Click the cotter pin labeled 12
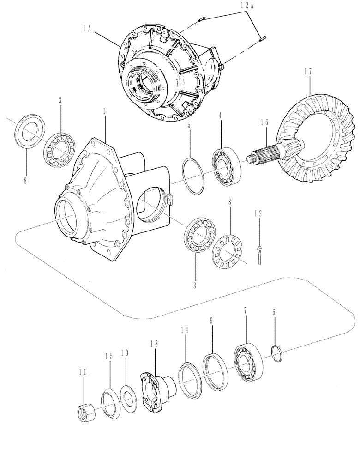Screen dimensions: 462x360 (259, 254)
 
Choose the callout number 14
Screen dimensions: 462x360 (185, 331)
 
